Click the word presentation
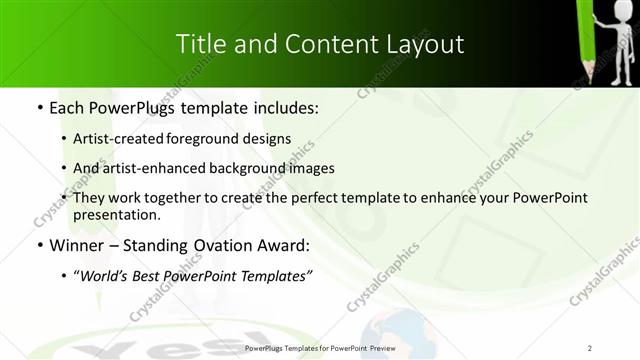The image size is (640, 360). point(117,215)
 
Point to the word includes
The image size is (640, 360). point(281,106)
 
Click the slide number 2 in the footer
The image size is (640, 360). point(590,348)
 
